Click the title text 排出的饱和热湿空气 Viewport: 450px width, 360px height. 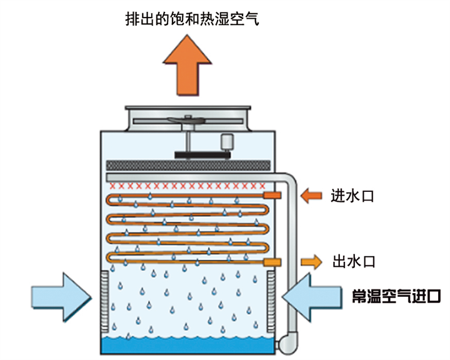(x=192, y=18)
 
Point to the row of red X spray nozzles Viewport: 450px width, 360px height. (x=188, y=186)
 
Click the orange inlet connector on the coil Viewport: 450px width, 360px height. (x=272, y=196)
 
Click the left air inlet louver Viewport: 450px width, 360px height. (x=105, y=300)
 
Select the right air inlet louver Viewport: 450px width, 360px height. (x=271, y=300)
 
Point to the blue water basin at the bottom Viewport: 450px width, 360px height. (x=188, y=345)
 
